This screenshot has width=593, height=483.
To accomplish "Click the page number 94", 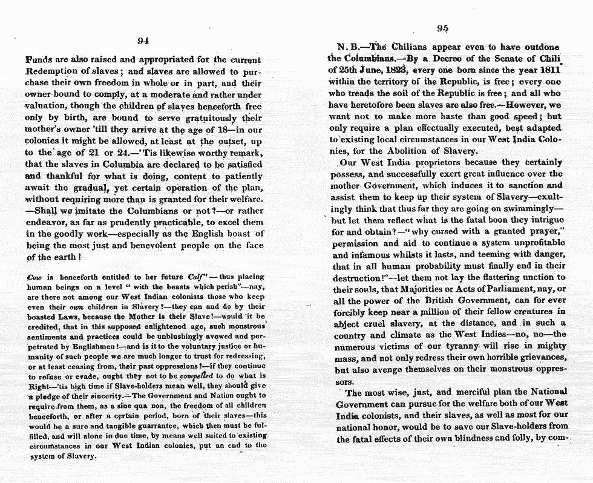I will [143, 41].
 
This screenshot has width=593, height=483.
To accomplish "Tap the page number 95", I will [442, 29].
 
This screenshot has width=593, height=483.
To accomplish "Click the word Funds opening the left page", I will [39, 61].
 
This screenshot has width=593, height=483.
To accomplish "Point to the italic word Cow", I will [34, 277].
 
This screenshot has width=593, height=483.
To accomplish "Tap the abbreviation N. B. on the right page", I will [349, 47].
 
